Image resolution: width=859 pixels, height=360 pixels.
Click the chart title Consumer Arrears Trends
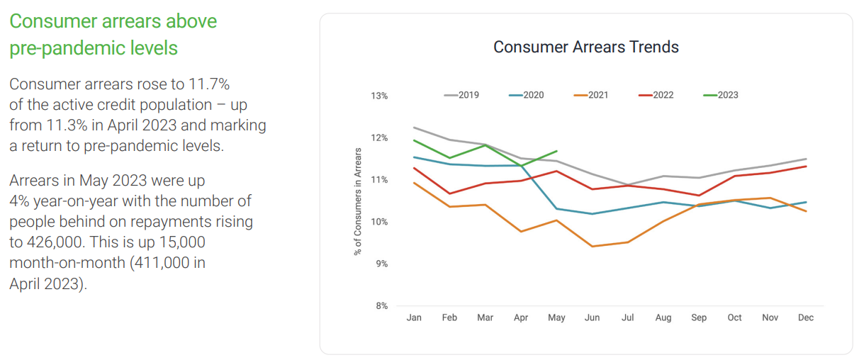(585, 47)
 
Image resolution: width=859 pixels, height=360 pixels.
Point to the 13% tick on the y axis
(379, 96)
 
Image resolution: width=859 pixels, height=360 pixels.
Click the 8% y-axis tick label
(381, 306)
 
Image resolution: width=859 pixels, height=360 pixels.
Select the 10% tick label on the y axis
(379, 222)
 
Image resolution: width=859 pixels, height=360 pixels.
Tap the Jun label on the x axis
(592, 318)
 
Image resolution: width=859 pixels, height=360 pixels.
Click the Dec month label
(806, 318)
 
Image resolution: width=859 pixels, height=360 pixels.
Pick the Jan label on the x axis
(414, 318)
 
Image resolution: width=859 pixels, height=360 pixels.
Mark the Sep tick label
(699, 318)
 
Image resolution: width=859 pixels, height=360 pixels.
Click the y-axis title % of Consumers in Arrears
(358, 201)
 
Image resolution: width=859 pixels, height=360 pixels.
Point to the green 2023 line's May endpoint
(557, 151)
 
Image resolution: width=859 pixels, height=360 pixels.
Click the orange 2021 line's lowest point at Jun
(592, 247)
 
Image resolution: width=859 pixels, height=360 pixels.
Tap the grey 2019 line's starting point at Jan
(414, 128)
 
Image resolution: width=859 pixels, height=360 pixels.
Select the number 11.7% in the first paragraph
(208, 84)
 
